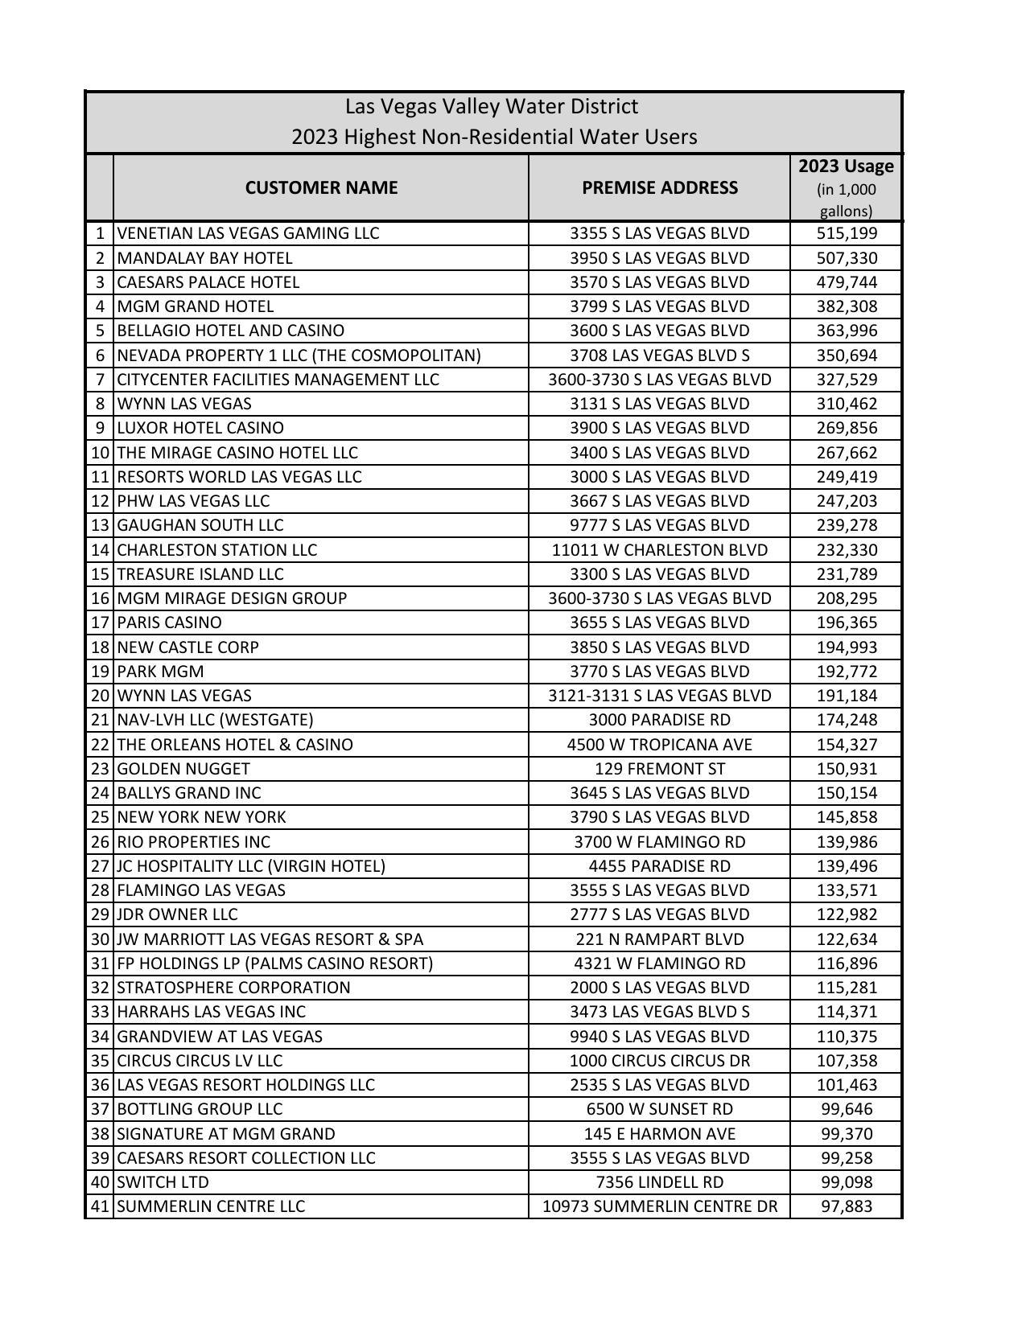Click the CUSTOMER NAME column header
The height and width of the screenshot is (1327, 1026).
pos(321,187)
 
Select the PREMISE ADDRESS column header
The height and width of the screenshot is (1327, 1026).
pos(660,187)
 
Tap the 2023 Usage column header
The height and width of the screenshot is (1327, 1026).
pos(846,166)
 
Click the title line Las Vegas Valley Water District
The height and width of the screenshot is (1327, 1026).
pos(492,107)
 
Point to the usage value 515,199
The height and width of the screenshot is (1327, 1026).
pos(847,233)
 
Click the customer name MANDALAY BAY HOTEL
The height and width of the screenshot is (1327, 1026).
pos(205,258)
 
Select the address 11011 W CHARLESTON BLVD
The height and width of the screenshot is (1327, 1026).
pos(660,550)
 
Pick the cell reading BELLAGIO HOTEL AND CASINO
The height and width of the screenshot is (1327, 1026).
pos(231,331)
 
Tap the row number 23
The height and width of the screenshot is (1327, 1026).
pos(100,769)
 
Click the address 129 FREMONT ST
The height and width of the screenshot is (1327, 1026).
pos(660,769)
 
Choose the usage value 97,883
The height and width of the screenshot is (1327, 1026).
pos(847,1206)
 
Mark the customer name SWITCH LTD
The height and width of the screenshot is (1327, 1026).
pos(163,1182)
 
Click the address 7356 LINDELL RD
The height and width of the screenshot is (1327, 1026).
pos(660,1182)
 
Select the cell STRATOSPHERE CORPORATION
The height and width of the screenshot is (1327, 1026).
pos(234,988)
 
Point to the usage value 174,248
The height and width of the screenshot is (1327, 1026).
pos(847,720)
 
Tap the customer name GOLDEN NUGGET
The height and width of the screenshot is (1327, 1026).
pos(183,769)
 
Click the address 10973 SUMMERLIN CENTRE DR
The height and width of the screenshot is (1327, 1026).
pos(660,1206)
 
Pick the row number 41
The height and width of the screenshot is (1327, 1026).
pos(100,1206)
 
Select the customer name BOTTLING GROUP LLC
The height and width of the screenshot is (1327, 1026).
pos(200,1109)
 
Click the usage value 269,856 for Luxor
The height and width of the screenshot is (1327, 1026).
pos(847,428)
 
